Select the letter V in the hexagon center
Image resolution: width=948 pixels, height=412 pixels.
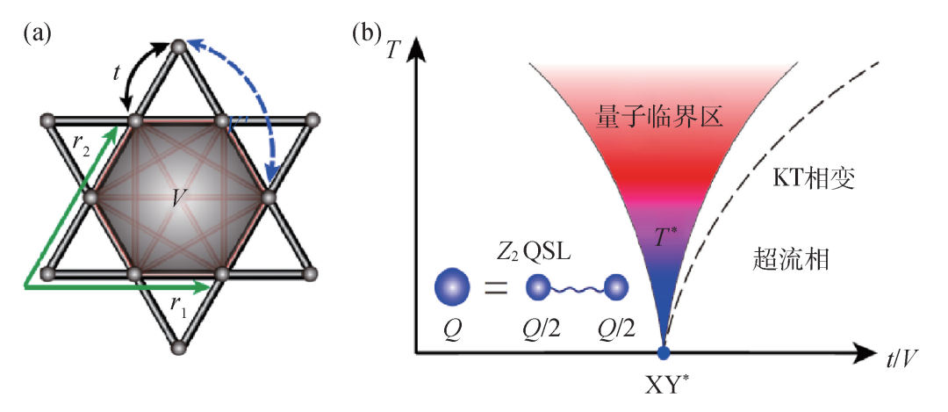coord(178,198)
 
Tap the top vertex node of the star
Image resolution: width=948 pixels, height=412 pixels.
coord(178,45)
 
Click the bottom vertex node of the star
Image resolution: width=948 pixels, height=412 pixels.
coord(178,350)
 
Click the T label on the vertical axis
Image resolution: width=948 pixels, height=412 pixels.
coord(392,50)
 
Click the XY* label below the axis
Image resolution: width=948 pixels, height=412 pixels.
coord(664,387)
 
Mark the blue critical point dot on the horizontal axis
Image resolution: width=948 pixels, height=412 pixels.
coord(664,352)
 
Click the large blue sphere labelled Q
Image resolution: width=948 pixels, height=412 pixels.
coord(452,286)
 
